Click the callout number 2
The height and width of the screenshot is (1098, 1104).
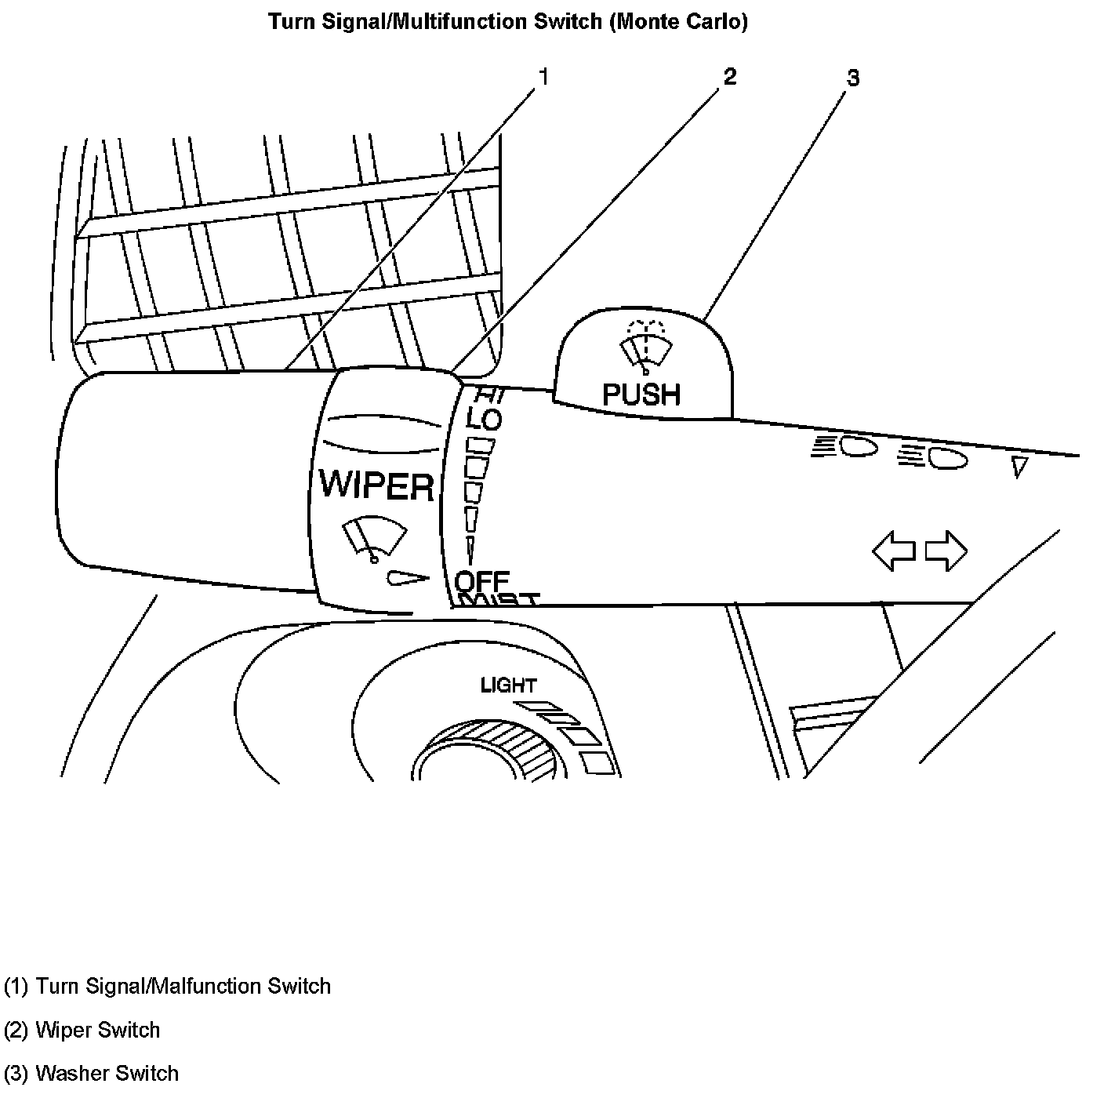[x=730, y=76]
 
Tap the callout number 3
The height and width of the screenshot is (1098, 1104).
[x=853, y=78]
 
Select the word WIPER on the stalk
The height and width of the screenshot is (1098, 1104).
[x=376, y=485]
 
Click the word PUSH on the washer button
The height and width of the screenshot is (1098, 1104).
[x=641, y=394]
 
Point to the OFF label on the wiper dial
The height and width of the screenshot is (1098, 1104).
[x=482, y=582]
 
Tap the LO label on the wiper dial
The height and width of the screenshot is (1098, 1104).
[x=484, y=420]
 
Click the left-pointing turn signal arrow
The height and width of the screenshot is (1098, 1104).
[x=894, y=551]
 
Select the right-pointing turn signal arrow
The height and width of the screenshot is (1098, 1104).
[x=946, y=551]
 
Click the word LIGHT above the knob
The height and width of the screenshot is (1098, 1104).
[x=508, y=685]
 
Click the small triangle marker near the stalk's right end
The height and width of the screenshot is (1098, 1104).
[x=1019, y=467]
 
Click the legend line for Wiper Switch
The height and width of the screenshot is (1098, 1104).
[x=82, y=1030]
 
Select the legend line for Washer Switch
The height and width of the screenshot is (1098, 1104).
[x=92, y=1073]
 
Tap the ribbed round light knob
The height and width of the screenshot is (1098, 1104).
[x=486, y=753]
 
